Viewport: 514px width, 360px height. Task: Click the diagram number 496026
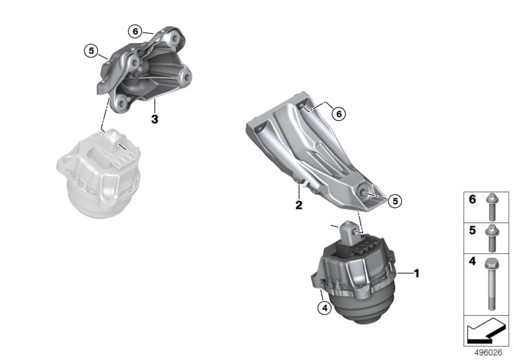coord(488,353)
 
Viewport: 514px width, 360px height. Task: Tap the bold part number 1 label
coord(416,273)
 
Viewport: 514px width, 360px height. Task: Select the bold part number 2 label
coord(299,205)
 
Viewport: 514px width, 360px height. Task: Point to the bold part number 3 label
coord(154,119)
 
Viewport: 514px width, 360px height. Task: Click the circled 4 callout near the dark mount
coord(324,308)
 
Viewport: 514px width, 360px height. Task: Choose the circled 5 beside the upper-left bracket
coord(91,51)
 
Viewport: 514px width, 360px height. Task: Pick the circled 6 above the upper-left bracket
coord(135,32)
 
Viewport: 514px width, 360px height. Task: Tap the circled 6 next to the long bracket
coord(339,114)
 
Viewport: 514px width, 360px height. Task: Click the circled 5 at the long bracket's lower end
coord(395,201)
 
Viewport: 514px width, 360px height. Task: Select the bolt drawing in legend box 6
coord(491,207)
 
